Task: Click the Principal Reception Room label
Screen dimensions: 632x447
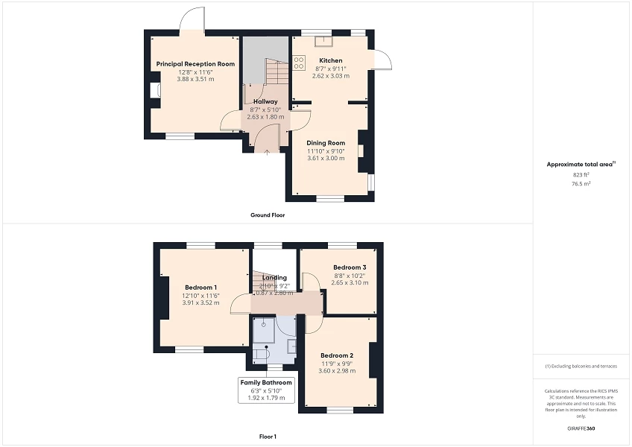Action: point(195,64)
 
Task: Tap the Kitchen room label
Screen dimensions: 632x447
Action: point(331,60)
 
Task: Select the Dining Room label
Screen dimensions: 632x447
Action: point(326,143)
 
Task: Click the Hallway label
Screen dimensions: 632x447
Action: point(265,101)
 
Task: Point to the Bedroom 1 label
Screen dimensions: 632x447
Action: point(200,288)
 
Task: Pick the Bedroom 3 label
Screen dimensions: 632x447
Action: point(350,267)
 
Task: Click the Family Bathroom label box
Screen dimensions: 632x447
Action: point(266,390)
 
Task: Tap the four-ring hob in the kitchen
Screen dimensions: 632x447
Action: point(299,63)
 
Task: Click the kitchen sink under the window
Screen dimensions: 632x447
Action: point(324,41)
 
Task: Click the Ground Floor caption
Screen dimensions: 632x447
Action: point(268,215)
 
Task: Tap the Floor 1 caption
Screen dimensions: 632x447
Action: point(268,436)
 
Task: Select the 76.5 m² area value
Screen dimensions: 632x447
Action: point(581,183)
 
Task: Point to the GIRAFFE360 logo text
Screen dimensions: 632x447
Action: point(581,428)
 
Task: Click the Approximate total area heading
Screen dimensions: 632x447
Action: point(581,164)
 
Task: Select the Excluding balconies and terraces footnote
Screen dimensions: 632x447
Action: point(581,367)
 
